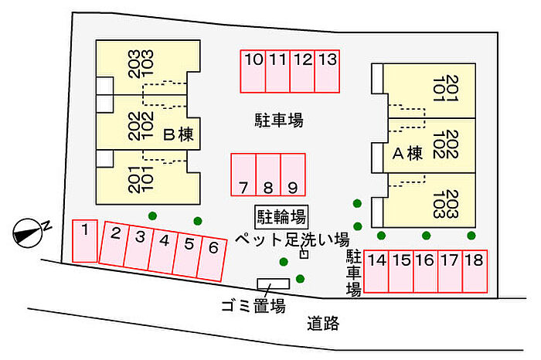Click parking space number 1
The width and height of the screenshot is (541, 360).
[x=85, y=241]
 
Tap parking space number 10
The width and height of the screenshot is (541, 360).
[x=253, y=71]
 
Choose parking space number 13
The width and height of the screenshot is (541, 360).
[x=327, y=71]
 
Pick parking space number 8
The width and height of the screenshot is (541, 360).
[x=268, y=175]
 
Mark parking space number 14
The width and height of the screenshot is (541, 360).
[x=376, y=271]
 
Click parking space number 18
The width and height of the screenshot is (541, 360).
[x=475, y=271]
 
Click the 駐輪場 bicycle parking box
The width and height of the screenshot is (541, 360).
[x=281, y=217]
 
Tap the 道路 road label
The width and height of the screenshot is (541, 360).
[x=323, y=324]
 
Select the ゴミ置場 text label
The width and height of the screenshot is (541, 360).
[x=253, y=306]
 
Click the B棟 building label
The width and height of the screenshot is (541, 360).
[x=179, y=134]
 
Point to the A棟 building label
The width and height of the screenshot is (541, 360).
[x=407, y=153]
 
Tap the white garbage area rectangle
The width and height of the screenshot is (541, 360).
[x=274, y=284]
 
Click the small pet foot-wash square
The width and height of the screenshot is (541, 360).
[x=304, y=254]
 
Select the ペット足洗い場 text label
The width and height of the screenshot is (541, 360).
[x=292, y=239]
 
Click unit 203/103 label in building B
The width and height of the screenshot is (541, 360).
[x=140, y=64]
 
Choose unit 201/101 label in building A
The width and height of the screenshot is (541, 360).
[x=445, y=88]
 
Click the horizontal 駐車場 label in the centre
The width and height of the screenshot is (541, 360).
[x=279, y=121]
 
